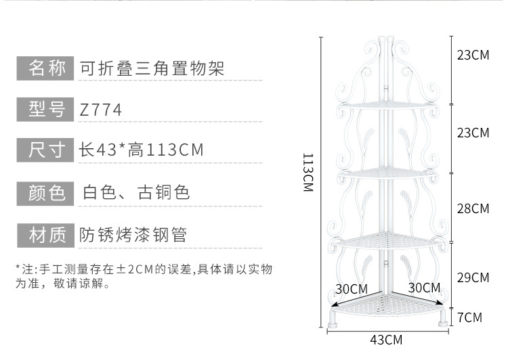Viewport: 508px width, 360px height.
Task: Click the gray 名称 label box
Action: click(45, 68)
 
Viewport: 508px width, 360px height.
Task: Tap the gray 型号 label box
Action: click(45, 109)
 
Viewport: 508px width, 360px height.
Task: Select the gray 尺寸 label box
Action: click(45, 150)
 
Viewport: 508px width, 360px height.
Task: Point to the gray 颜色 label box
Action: click(45, 193)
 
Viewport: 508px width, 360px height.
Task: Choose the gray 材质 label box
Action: click(45, 235)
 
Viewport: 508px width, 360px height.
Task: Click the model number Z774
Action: click(101, 110)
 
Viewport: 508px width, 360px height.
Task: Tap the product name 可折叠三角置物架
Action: click(152, 68)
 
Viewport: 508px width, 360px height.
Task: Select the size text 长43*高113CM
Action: click(142, 150)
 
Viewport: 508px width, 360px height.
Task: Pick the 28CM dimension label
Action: click(473, 208)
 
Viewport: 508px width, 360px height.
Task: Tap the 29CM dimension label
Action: click(473, 277)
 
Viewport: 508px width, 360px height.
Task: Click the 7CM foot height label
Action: click(469, 317)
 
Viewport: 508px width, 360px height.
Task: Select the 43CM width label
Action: click(387, 339)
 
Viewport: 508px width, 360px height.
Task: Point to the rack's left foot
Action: click(333, 317)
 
